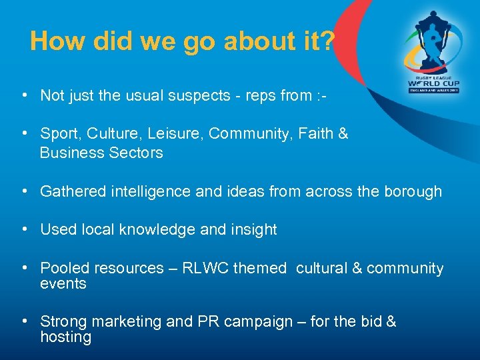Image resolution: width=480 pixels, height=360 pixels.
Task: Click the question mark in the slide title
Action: [327, 41]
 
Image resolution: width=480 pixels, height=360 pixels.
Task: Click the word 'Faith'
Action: [317, 134]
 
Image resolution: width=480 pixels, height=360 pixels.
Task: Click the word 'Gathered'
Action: [69, 192]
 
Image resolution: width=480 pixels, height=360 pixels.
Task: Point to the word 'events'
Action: [63, 284]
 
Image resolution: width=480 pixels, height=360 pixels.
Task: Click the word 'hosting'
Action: [65, 337]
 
